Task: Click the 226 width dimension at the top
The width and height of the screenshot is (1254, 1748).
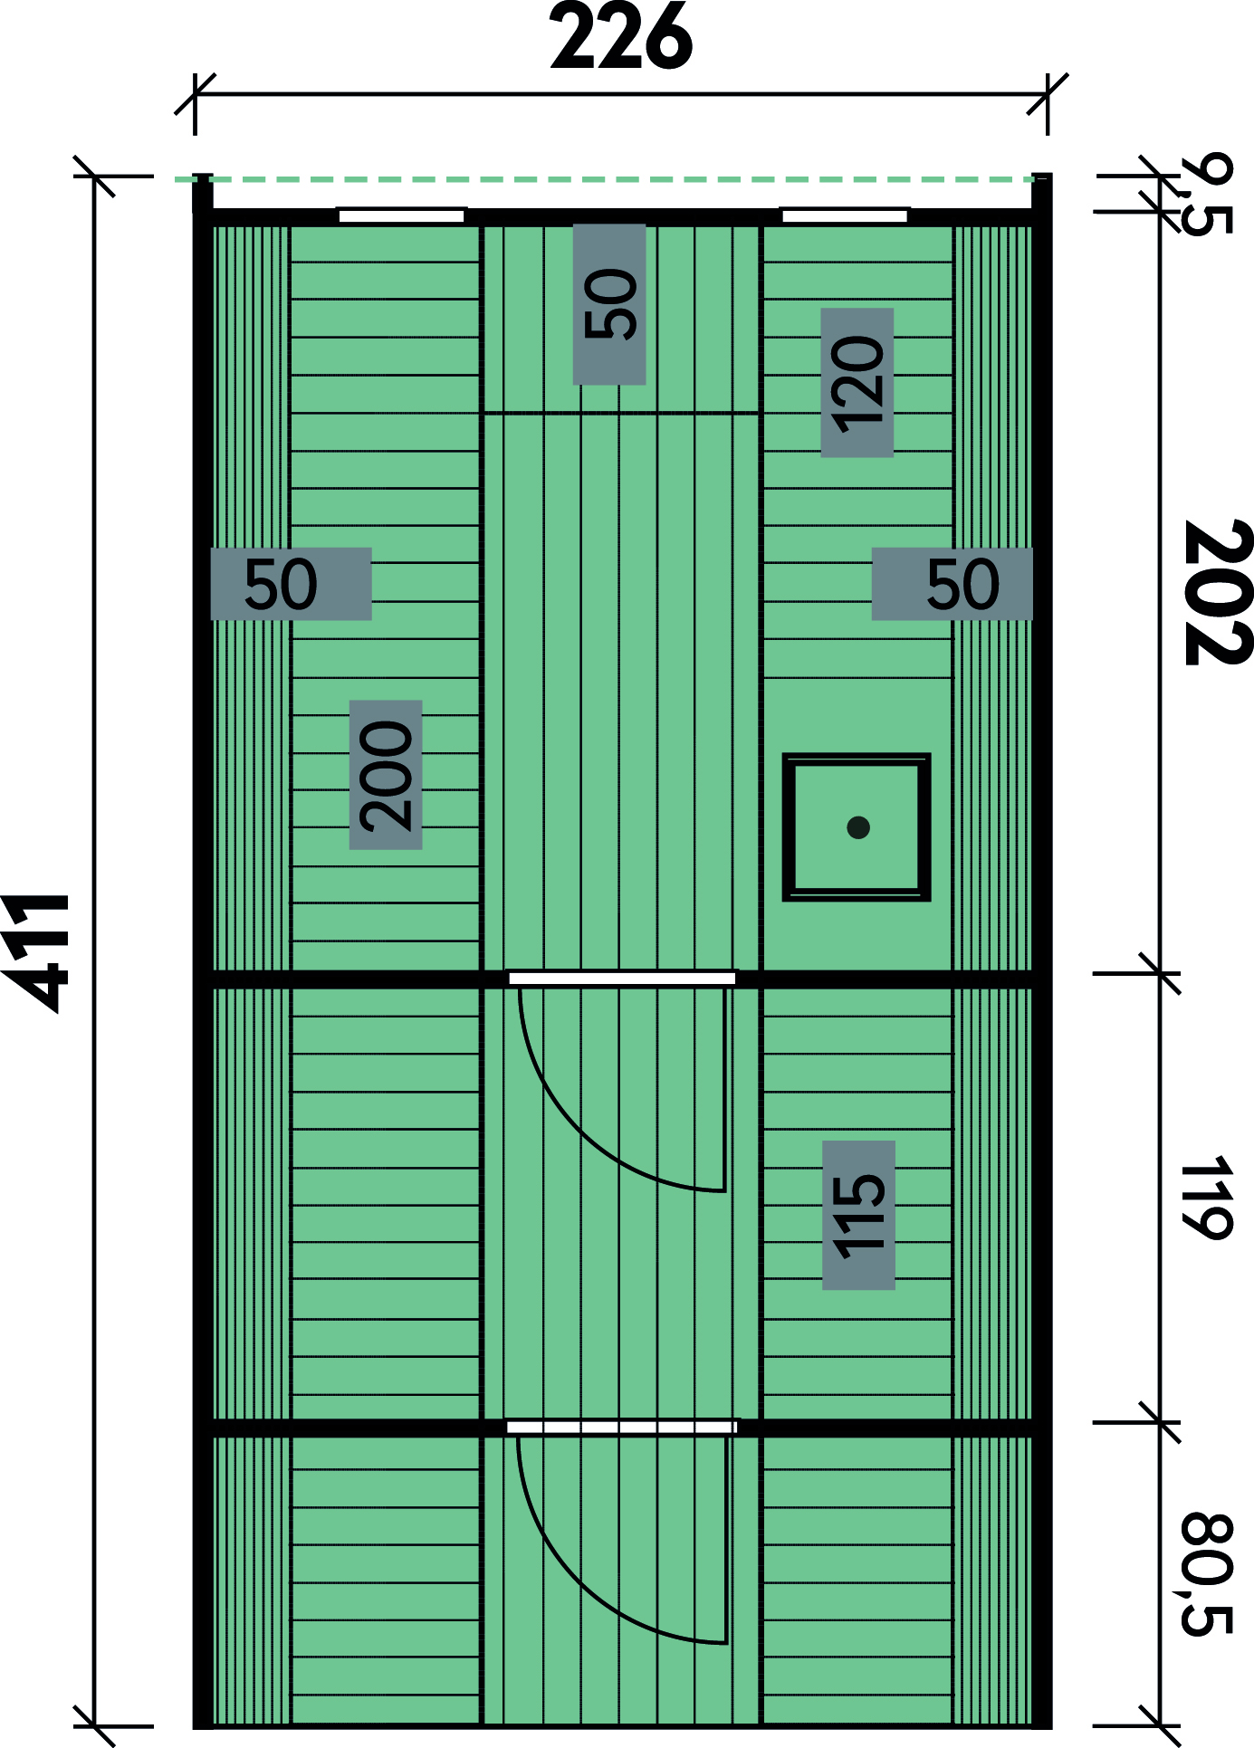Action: tap(621, 37)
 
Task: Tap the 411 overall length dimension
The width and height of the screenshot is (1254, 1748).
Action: tap(37, 952)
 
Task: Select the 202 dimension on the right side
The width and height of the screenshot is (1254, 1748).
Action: tap(1218, 592)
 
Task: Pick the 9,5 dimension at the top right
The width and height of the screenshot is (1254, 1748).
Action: tap(1206, 195)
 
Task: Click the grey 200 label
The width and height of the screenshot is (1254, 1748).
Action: tap(386, 775)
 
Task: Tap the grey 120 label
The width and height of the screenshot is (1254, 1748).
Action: tap(857, 383)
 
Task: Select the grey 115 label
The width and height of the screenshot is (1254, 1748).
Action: tap(858, 1215)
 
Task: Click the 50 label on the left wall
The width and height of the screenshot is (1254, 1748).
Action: tap(291, 584)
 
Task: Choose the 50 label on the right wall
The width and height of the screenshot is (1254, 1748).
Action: tap(952, 584)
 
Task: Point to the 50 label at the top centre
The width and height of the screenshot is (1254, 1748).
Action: tap(609, 304)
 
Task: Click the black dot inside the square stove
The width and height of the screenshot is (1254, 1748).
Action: tap(858, 827)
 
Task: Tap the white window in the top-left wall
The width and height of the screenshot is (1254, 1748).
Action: tap(401, 215)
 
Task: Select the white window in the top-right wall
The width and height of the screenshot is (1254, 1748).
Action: tap(845, 215)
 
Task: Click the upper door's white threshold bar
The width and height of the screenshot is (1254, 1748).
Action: tap(622, 979)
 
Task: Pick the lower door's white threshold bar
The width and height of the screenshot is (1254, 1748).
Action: tap(622, 1428)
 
